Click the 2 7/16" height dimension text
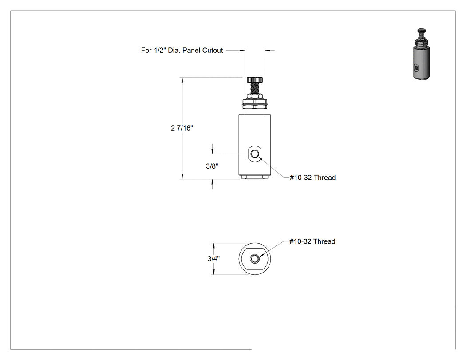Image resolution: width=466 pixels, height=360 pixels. [182, 128]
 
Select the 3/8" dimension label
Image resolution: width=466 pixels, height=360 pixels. [212, 166]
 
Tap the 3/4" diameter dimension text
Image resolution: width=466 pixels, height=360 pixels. [213, 259]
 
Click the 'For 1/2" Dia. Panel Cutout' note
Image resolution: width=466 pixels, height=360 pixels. [182, 51]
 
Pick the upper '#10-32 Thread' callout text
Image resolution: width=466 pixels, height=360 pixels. [312, 178]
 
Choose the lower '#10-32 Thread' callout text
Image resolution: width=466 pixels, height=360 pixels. [312, 241]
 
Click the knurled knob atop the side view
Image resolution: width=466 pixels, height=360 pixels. [255, 79]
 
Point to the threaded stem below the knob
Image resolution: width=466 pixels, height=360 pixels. [255, 88]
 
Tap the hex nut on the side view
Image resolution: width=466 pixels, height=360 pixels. [255, 96]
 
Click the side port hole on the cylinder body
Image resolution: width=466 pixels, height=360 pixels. [255, 154]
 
